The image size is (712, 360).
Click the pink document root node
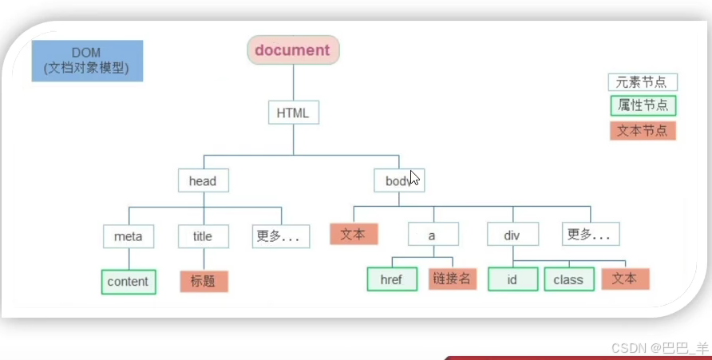[293, 50]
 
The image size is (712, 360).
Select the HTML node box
[293, 113]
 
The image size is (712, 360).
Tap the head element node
[203, 181]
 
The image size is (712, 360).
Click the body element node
[399, 181]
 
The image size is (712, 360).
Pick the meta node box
[129, 236]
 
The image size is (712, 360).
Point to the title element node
[203, 236]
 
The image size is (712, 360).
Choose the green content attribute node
[129, 281]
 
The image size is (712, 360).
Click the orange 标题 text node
[204, 281]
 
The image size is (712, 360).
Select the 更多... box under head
[280, 236]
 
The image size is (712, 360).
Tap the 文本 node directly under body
[354, 234]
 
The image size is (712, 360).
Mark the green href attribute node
[392, 279]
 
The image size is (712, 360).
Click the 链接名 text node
[453, 279]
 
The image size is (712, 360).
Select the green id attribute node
[512, 279]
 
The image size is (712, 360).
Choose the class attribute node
[568, 279]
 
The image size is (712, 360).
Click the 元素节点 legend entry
[643, 82]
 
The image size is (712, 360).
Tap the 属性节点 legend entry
[643, 105]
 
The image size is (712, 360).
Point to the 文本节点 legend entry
[643, 130]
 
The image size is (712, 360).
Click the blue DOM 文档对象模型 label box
[87, 61]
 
